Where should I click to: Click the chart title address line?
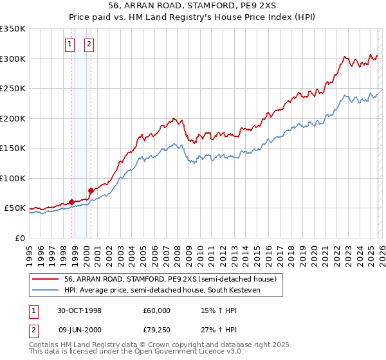click(x=192, y=6)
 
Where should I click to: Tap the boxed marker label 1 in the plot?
click(x=69, y=44)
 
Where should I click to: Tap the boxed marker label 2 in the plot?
click(x=89, y=44)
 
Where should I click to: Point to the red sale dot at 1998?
click(x=72, y=202)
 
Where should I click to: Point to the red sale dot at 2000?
click(x=91, y=190)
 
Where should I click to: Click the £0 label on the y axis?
click(x=20, y=238)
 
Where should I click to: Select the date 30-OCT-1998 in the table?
click(x=79, y=310)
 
